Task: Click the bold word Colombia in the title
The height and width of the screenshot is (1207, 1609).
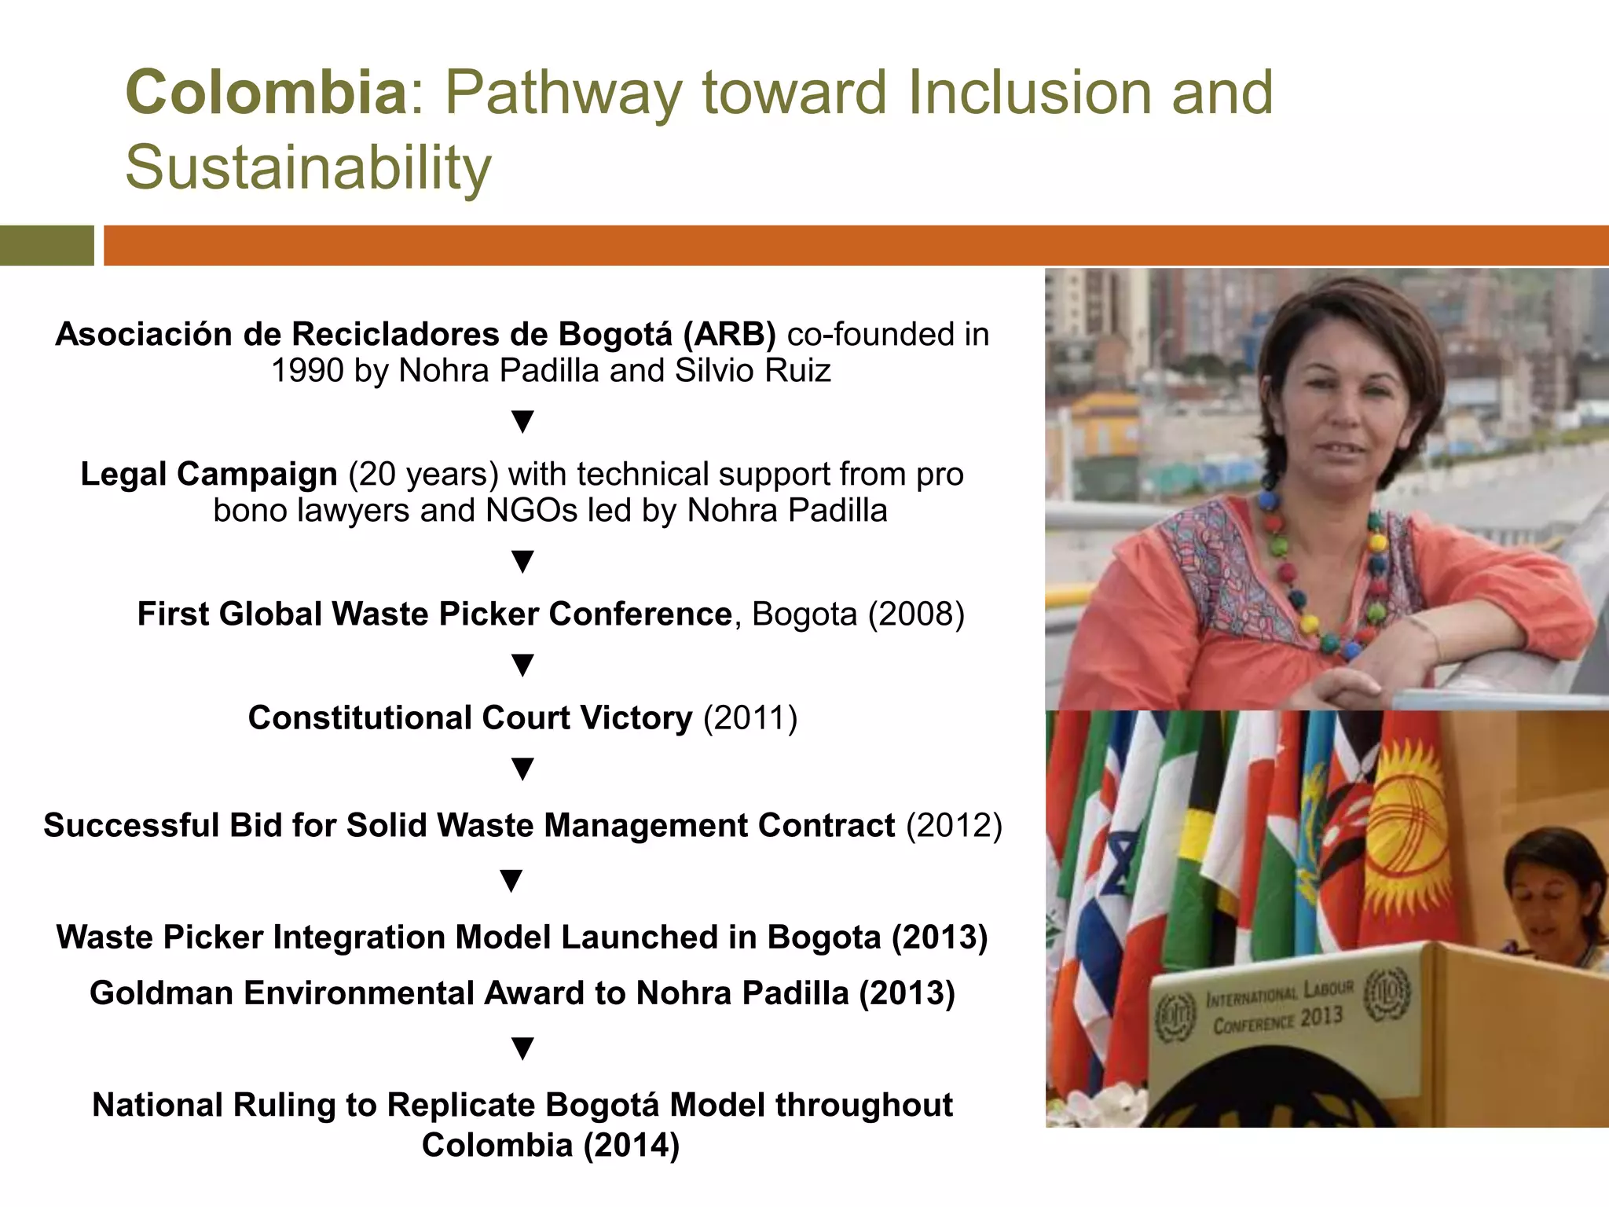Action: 266,93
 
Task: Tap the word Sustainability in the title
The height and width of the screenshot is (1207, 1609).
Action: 308,167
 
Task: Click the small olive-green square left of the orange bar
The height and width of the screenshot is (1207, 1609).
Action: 46,245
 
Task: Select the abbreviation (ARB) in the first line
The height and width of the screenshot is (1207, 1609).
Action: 729,335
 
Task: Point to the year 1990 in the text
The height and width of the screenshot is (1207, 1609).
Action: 306,371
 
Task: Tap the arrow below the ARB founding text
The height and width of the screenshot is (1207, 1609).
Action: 522,421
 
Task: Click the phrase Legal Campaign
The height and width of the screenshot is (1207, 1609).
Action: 209,475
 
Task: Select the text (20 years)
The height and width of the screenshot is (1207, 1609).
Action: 423,475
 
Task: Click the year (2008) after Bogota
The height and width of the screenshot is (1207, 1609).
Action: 915,615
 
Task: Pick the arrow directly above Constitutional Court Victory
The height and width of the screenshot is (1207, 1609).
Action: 522,665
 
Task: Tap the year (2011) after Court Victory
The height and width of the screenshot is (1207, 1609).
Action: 750,718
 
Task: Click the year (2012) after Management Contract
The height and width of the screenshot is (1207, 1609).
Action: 954,826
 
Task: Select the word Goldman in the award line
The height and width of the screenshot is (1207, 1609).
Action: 161,993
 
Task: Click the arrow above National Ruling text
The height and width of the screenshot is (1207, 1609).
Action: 522,1048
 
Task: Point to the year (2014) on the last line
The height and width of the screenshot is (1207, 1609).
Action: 631,1145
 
